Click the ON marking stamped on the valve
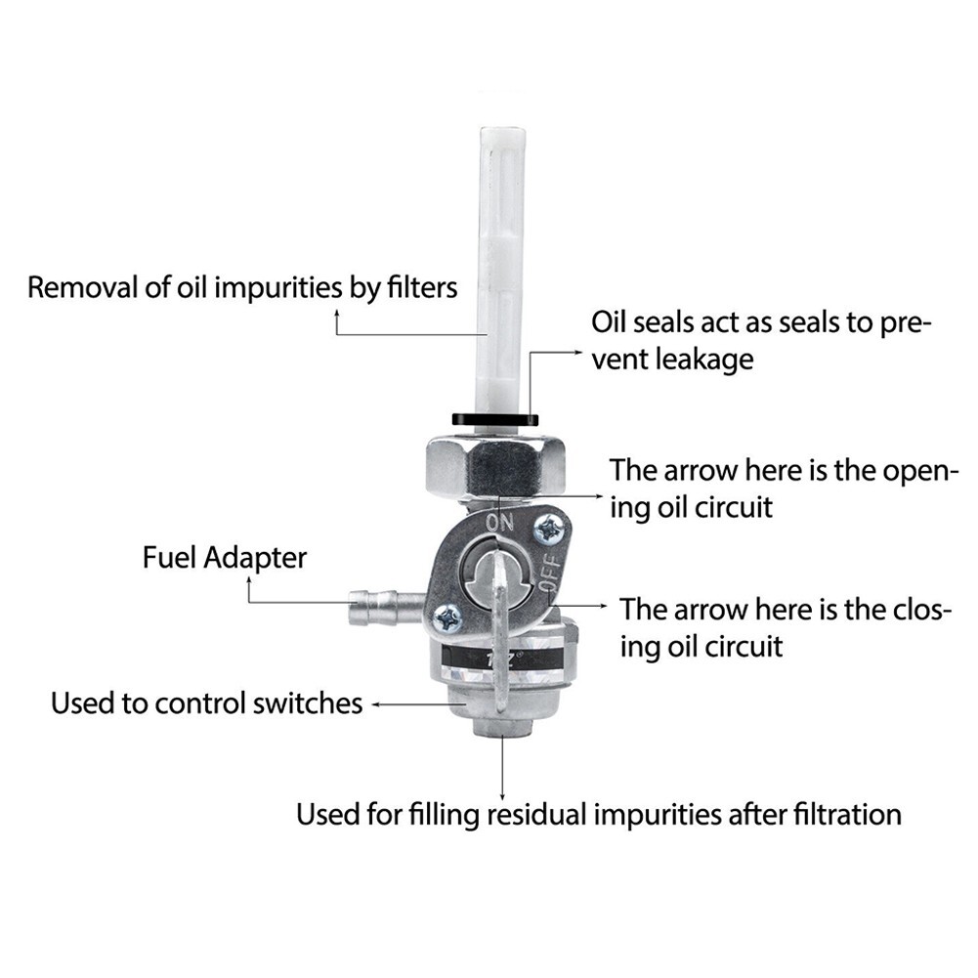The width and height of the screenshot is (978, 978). (x=499, y=523)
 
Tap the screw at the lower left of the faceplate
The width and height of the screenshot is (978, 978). (x=447, y=617)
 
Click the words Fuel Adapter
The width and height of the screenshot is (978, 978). (x=224, y=558)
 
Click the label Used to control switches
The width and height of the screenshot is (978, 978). (x=206, y=702)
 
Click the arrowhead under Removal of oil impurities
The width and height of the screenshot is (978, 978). (x=338, y=317)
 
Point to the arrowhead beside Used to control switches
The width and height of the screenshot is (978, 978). (x=377, y=702)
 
